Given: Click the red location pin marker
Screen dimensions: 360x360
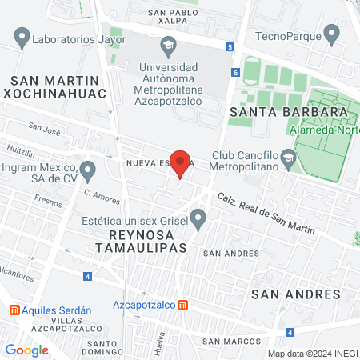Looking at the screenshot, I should [181, 163].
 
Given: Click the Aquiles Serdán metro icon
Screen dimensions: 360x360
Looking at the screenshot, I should [14, 310].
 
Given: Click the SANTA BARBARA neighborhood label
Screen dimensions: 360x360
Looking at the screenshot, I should [288, 111].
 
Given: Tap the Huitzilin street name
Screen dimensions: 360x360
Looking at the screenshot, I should [22, 150].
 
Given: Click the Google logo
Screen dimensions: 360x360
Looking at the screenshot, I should [26, 350].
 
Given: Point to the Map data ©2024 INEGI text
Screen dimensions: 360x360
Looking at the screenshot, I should [312, 354].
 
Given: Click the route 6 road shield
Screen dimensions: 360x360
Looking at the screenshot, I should [236, 72].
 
